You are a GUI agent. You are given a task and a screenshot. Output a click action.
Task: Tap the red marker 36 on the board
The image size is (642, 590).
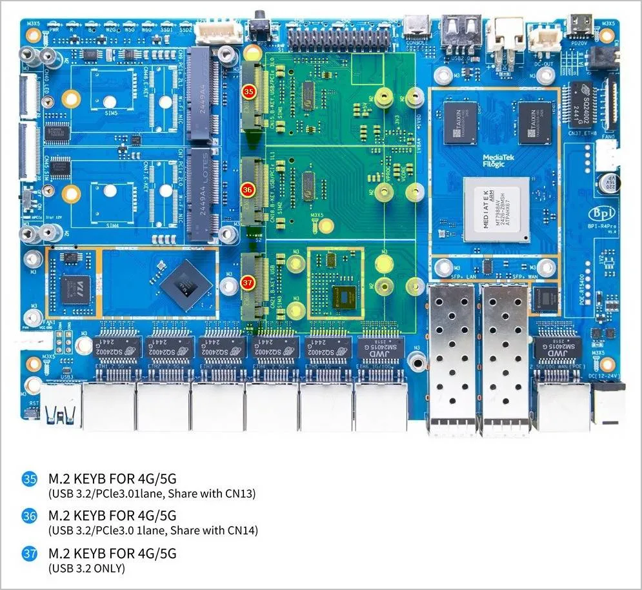click(248, 190)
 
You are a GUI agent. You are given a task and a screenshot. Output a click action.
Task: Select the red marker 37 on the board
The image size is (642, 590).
click(248, 282)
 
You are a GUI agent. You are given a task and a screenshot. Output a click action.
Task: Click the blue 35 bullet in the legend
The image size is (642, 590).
click(30, 480)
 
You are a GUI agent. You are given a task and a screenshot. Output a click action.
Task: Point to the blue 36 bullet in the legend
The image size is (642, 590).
click(30, 516)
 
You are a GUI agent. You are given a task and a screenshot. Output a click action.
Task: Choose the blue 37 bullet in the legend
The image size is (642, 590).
click(30, 554)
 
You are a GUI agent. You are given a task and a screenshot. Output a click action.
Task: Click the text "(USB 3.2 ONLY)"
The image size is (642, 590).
click(86, 569)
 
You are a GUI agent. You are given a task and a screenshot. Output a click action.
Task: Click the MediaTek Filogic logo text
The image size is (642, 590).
click(497, 161)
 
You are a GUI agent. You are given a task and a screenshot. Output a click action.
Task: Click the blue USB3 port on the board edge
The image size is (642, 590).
click(61, 407)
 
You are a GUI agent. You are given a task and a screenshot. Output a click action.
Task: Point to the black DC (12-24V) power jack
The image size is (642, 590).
click(608, 403)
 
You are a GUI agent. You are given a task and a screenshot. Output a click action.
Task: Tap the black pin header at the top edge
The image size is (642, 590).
click(339, 39)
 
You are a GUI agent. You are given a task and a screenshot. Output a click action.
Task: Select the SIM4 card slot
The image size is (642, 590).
click(110, 192)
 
